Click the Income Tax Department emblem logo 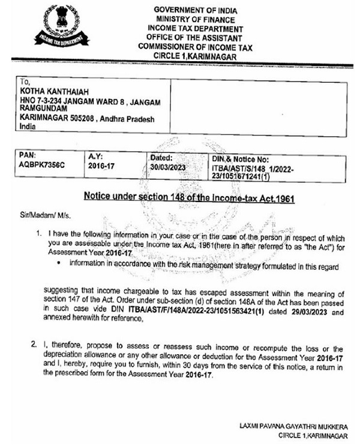61,27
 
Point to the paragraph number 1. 39,231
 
